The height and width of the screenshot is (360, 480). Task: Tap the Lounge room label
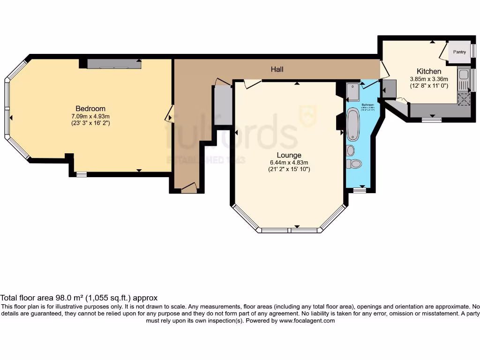(x=288, y=155)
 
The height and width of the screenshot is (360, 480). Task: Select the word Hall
(x=277, y=69)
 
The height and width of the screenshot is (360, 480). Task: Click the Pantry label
(x=459, y=52)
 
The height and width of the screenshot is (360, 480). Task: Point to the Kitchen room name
(x=429, y=71)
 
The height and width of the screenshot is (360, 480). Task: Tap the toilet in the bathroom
(x=355, y=164)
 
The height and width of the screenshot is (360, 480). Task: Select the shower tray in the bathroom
(x=353, y=91)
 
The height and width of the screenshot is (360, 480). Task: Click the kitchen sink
(x=464, y=75)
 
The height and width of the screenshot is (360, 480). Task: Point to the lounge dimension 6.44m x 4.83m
(x=288, y=162)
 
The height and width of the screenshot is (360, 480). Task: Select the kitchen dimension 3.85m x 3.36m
(x=429, y=79)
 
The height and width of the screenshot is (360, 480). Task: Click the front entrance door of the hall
(x=188, y=188)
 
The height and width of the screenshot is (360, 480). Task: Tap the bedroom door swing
(x=169, y=114)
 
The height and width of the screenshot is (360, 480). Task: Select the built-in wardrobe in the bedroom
(x=114, y=64)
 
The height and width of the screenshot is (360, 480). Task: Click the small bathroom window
(x=359, y=190)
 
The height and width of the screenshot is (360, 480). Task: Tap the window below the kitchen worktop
(x=431, y=120)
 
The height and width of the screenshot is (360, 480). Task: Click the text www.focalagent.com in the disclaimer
(x=307, y=321)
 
